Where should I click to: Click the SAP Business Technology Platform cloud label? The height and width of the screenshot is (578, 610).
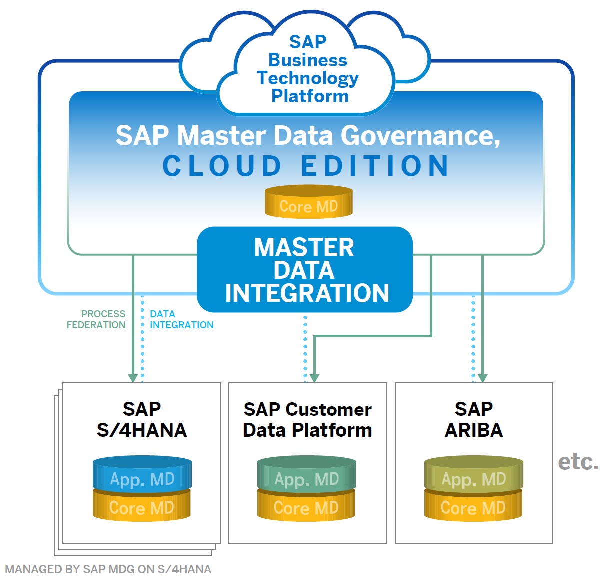[x=307, y=69]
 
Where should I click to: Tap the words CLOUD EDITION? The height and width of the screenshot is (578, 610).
[x=306, y=166]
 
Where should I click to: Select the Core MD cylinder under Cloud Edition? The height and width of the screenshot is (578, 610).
[x=308, y=202]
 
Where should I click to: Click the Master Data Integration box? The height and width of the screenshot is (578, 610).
[x=305, y=269]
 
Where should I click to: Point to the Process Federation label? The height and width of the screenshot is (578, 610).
[x=96, y=319]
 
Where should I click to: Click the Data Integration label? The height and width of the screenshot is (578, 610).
[x=181, y=319]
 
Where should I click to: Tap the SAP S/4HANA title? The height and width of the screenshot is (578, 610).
[x=142, y=420]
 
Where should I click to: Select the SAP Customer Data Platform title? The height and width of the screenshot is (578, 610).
[x=307, y=420]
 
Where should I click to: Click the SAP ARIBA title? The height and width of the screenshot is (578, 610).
[x=474, y=420]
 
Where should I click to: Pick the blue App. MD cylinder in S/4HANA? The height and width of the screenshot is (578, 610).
[x=142, y=474]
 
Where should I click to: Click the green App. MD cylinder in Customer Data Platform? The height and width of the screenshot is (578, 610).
[x=307, y=474]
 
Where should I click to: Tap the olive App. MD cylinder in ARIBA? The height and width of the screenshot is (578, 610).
[x=474, y=474]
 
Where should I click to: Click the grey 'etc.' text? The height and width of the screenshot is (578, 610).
[x=578, y=462]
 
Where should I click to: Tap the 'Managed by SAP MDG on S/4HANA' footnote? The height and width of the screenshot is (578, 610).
[x=108, y=569]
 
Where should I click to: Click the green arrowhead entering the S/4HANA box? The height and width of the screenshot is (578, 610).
[x=133, y=378]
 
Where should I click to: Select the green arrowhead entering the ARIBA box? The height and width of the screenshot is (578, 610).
[x=482, y=378]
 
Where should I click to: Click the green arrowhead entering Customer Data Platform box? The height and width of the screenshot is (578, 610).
[x=314, y=378]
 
